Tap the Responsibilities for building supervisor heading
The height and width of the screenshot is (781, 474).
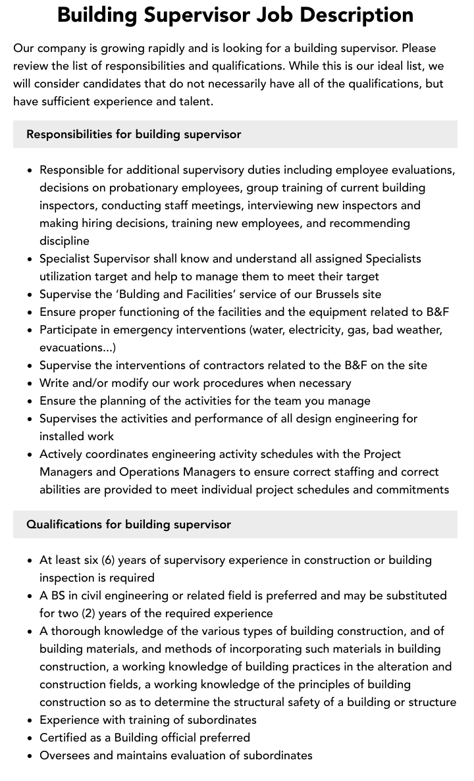click(134, 134)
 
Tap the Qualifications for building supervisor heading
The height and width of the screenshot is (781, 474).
click(128, 524)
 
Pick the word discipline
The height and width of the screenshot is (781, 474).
click(65, 241)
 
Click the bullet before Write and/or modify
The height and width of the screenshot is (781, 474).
click(30, 383)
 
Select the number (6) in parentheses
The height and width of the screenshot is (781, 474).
click(109, 560)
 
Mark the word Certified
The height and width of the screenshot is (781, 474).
click(65, 738)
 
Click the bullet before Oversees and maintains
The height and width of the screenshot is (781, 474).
click(30, 755)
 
